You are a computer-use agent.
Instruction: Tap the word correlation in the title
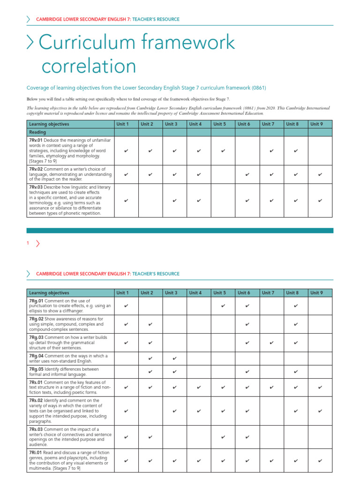tap(89, 66)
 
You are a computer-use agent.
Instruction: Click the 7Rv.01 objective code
tap(36, 140)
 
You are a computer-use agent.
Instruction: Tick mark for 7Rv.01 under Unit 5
tap(223, 151)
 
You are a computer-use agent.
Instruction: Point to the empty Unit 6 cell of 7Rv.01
tap(247, 151)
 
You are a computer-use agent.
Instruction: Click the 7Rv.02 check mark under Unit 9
tap(320, 174)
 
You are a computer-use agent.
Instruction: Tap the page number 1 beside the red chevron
tap(28, 243)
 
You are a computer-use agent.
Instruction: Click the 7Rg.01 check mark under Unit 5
tap(223, 306)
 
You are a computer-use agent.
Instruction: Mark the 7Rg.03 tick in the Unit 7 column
tap(272, 343)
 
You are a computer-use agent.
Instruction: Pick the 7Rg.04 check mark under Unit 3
tap(174, 359)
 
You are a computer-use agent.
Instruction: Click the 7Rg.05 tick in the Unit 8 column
tap(296, 372)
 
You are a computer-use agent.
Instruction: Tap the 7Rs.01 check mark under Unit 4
tap(199, 388)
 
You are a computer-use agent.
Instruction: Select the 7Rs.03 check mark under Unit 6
tap(247, 437)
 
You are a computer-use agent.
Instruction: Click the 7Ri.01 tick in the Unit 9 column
tap(320, 461)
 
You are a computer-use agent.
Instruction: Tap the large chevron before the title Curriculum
tap(31, 43)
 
